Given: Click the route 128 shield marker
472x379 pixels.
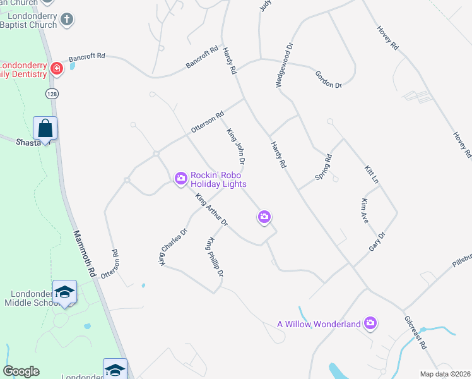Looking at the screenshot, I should pyautogui.click(x=49, y=93).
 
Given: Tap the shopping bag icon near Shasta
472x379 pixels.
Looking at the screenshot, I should pyautogui.click(x=45, y=128).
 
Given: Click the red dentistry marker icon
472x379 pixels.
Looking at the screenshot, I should pyautogui.click(x=56, y=68).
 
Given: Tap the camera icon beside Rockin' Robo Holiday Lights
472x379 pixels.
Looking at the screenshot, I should pyautogui.click(x=181, y=179).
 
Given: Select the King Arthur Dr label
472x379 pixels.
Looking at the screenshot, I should pyautogui.click(x=211, y=210).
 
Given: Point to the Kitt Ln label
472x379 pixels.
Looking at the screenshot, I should pyautogui.click(x=372, y=175).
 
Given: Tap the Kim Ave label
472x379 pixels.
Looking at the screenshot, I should pyautogui.click(x=364, y=211).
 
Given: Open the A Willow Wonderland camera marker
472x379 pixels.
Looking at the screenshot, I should pyautogui.click(x=371, y=324).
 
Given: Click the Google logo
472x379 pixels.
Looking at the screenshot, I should pyautogui.click(x=21, y=371).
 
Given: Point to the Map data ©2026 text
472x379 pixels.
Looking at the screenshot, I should pyautogui.click(x=445, y=374).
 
